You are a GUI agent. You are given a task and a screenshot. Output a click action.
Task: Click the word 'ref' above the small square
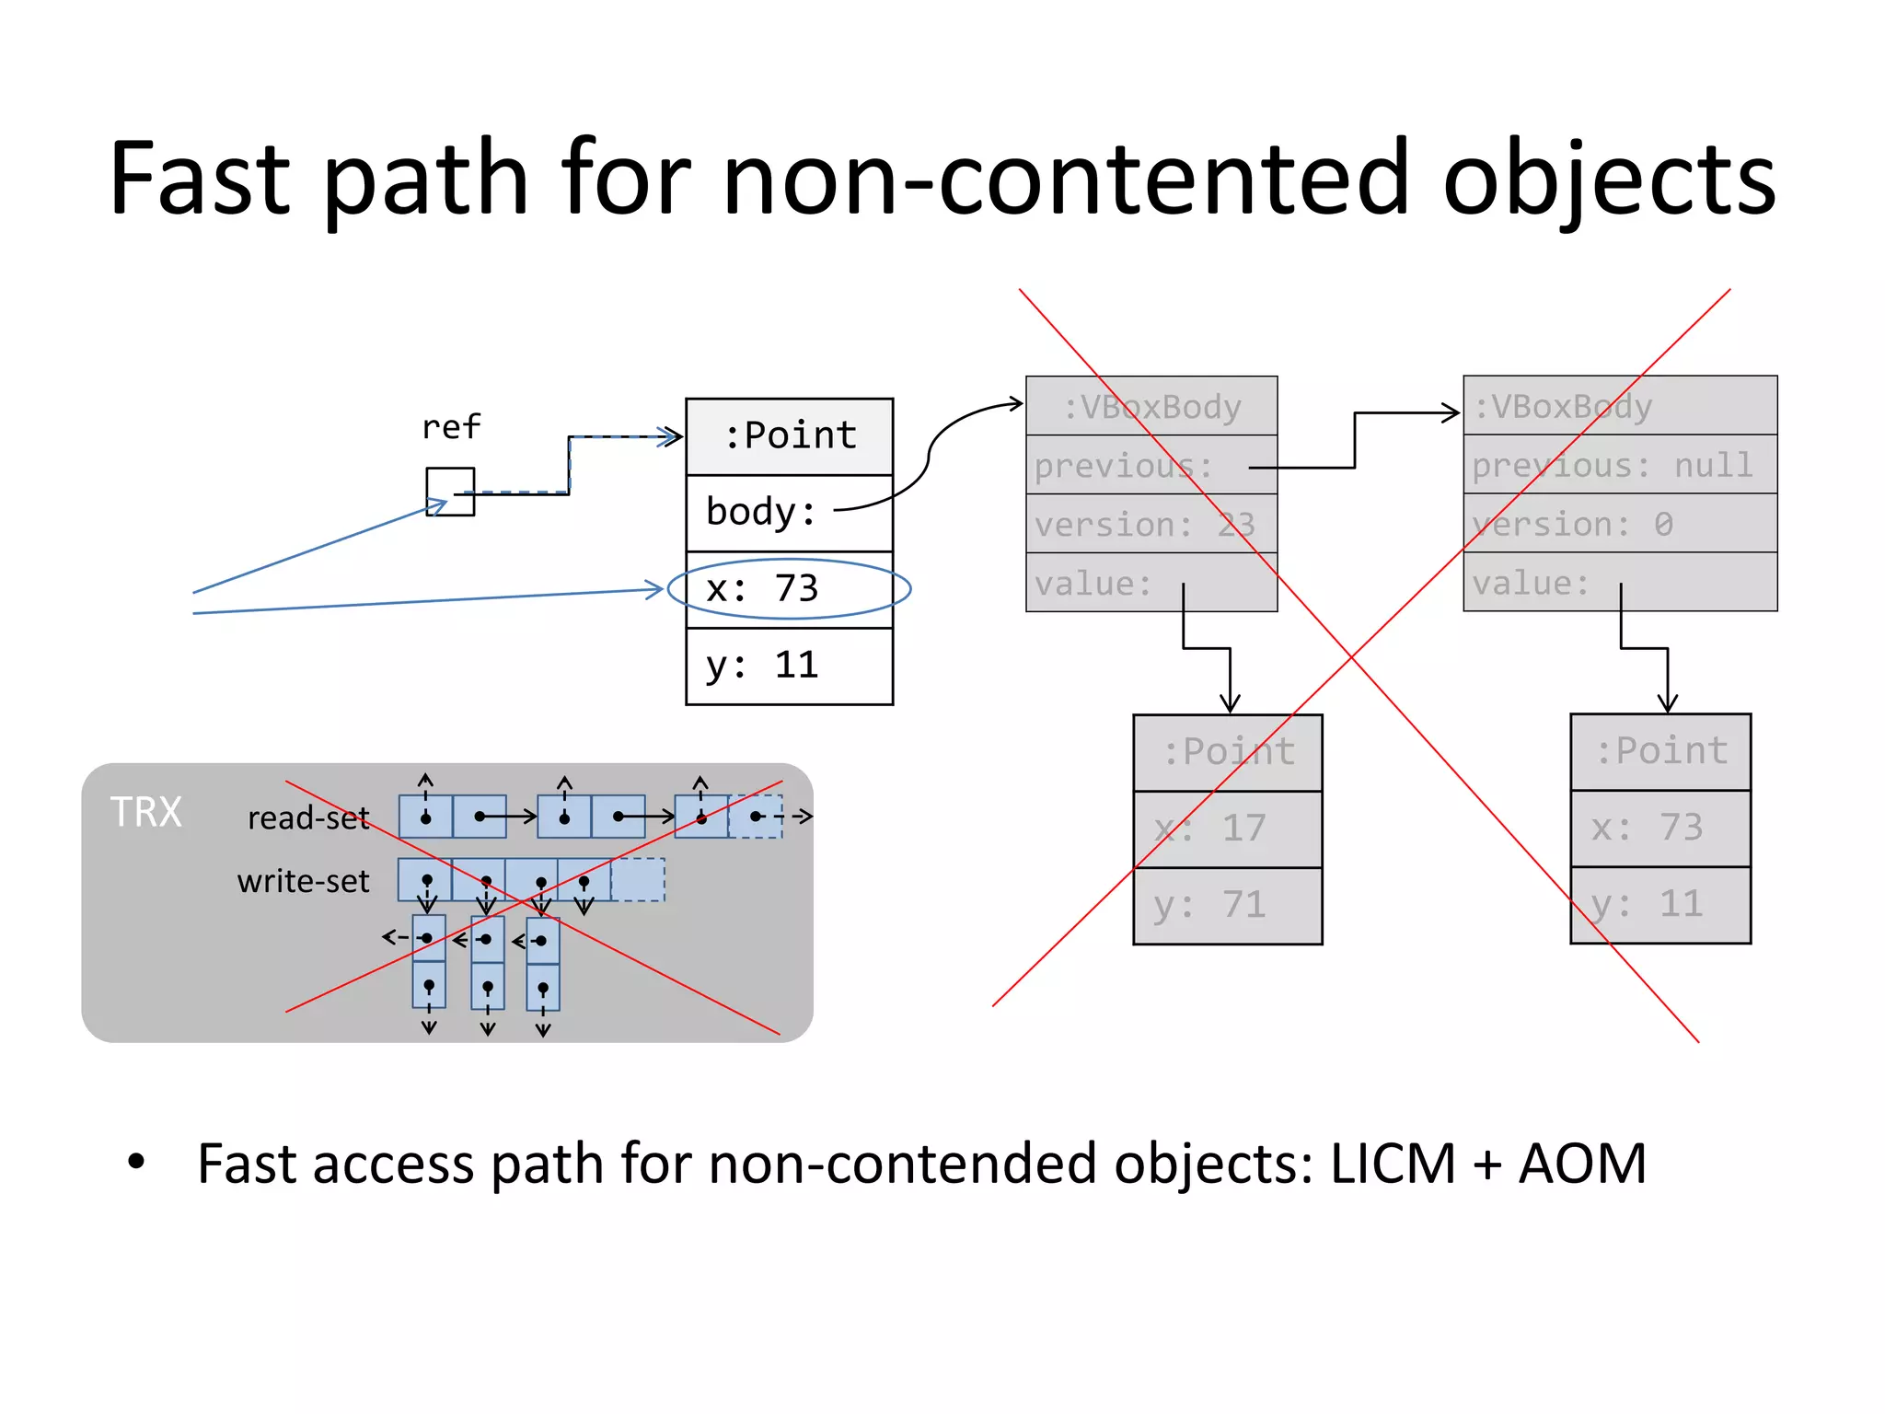451,427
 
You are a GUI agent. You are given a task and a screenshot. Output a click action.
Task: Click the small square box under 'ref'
450,492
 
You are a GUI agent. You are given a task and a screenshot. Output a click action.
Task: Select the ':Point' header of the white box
790,435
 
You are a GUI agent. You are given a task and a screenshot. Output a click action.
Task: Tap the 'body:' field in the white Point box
761,512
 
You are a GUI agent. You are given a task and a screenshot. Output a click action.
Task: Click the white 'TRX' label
146,812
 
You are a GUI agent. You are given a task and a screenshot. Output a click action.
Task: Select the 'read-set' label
307,817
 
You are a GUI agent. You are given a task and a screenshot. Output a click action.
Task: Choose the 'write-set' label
303,881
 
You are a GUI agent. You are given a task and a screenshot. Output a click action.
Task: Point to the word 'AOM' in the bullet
1582,1164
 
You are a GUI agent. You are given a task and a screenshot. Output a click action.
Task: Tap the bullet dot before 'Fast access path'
136,1162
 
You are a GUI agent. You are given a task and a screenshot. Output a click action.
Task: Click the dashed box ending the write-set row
637,879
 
